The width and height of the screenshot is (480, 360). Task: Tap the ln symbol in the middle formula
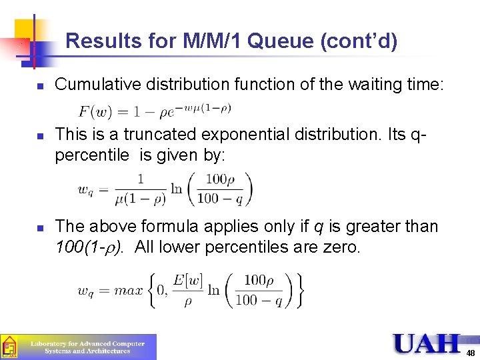(177, 189)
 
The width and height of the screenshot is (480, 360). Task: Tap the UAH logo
(426, 343)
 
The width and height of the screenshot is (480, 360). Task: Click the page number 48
(471, 353)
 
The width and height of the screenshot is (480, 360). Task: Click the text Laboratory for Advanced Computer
(87, 343)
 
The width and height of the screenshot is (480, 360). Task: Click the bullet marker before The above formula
(40, 228)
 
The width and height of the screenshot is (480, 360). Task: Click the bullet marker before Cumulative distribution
(40, 86)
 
